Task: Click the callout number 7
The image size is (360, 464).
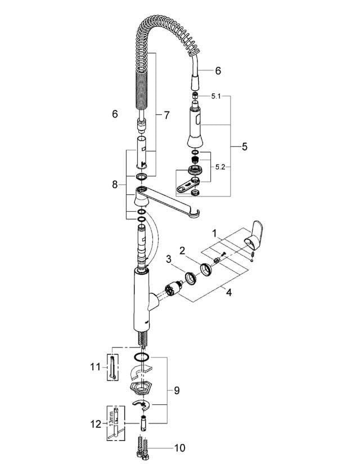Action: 166,115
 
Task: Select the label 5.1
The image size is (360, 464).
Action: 217,97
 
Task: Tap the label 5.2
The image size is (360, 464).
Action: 220,167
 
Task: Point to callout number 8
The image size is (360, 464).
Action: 115,184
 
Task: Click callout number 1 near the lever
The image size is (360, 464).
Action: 214,232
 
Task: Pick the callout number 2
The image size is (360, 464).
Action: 182,249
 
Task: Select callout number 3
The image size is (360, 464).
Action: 168,259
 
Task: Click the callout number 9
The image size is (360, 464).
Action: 177,390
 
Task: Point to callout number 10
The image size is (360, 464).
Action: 180,448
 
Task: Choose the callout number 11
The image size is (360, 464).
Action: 94,367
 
